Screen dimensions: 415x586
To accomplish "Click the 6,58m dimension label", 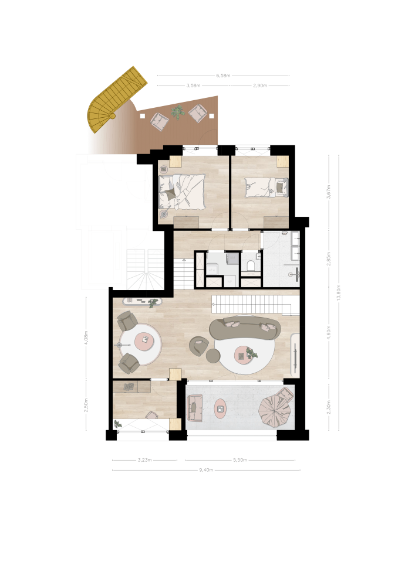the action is (x=223, y=76).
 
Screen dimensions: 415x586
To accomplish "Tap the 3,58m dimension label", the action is (x=194, y=86).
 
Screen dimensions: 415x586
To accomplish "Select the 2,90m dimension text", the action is (x=260, y=86).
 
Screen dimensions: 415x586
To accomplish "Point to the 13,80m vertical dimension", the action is (x=339, y=292).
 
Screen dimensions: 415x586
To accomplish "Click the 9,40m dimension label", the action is (x=206, y=470).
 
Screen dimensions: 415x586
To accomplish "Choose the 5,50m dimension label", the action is (x=240, y=460).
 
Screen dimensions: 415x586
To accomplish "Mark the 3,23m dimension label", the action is (x=145, y=460).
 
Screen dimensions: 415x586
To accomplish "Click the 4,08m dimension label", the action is (x=86, y=338).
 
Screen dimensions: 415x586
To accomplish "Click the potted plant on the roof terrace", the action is (x=178, y=112).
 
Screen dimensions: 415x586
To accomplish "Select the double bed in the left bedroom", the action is (x=182, y=192).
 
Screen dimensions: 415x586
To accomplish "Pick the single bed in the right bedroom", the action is (x=267, y=187).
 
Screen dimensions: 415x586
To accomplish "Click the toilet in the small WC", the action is (x=251, y=265).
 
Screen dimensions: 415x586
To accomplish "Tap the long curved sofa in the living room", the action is (x=245, y=328).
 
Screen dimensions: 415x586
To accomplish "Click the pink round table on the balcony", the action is (x=220, y=408).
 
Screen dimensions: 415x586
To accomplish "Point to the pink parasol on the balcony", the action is (x=274, y=410).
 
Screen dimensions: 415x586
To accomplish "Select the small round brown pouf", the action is (x=213, y=356).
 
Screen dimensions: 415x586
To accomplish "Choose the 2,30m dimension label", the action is (x=329, y=407).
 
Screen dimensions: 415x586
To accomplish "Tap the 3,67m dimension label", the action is (x=329, y=192).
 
